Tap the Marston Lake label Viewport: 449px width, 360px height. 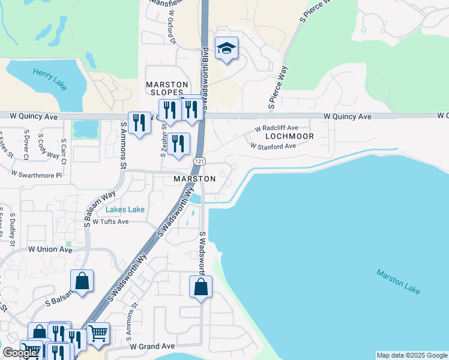click(x=399, y=281)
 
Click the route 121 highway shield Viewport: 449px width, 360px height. click(x=199, y=162)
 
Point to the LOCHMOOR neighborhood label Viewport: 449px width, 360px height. click(x=289, y=137)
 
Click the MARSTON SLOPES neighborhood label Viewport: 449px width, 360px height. click(x=167, y=88)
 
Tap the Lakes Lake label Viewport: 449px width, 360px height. click(x=125, y=209)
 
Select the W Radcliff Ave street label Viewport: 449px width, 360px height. click(x=276, y=128)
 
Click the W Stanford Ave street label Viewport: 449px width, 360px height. click(x=273, y=146)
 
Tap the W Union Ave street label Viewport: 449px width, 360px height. click(x=50, y=249)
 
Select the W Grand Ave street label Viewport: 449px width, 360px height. click(x=152, y=346)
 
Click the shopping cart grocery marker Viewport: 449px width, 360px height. click(x=98, y=332)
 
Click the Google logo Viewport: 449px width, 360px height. click(x=20, y=353)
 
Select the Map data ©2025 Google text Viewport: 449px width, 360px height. click(x=412, y=355)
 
